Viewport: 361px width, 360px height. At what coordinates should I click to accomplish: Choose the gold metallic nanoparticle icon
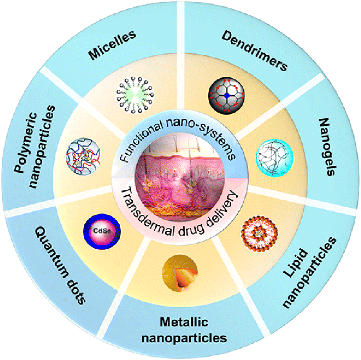pos(177,271)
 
